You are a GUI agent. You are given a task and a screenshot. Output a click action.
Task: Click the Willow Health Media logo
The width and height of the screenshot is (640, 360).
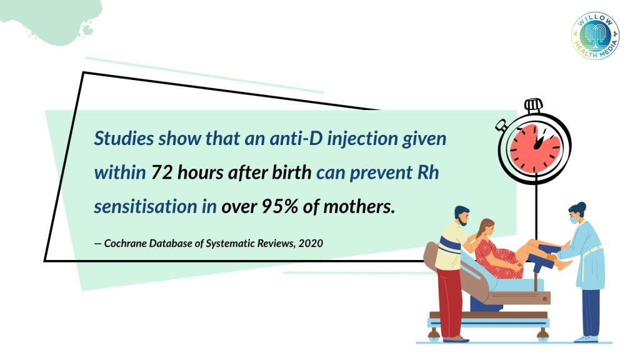click(x=595, y=36)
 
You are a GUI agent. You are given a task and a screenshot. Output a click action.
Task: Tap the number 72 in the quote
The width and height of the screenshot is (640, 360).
click(x=162, y=172)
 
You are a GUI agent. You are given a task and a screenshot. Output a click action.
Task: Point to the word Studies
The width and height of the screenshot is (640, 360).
click(x=124, y=138)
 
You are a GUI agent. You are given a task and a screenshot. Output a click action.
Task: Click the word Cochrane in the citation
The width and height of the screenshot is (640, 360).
click(x=125, y=243)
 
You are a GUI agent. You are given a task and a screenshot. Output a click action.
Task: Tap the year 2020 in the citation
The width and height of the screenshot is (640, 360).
click(x=311, y=243)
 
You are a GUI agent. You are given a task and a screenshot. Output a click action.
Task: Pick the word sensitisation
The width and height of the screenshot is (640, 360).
click(x=145, y=206)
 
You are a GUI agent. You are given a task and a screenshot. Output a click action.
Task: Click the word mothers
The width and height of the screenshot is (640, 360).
click(x=359, y=206)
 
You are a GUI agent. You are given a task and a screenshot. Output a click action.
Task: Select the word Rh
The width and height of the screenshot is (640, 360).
click(x=428, y=172)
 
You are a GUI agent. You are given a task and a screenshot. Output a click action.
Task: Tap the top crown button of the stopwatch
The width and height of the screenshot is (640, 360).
click(x=534, y=105)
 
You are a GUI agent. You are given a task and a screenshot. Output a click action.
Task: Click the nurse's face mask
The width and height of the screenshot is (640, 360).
click(x=574, y=220)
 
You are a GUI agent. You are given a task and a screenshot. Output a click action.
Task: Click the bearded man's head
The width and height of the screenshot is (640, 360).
click(x=462, y=216)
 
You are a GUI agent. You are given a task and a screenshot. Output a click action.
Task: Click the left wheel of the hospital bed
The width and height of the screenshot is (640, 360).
click(x=434, y=336)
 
